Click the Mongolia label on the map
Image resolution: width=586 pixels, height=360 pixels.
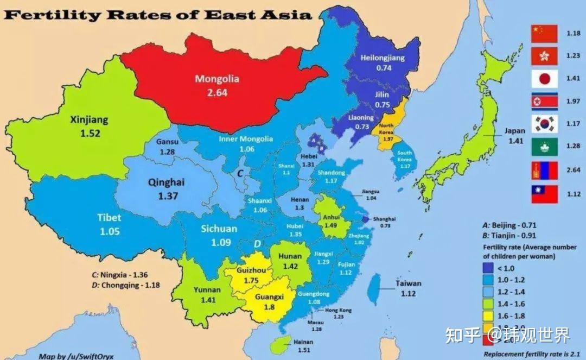[216, 79]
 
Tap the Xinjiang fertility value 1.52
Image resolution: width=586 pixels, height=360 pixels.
[90, 133]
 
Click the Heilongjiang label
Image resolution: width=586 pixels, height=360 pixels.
[383, 58]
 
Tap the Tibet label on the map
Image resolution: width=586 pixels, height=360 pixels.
[109, 218]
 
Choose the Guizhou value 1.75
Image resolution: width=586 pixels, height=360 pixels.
[251, 280]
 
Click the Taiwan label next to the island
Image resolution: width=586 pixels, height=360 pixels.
[408, 283]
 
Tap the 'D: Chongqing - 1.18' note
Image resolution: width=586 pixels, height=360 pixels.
[126, 285]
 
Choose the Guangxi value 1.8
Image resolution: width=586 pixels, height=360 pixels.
[270, 307]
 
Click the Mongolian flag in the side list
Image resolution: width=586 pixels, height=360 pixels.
[544, 170]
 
